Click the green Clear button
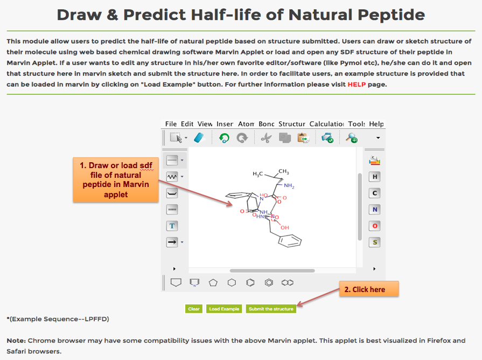click(194, 309)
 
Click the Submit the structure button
click(271, 309)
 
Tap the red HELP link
click(357, 84)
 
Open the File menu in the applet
click(171, 124)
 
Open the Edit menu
click(187, 124)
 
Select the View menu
click(205, 124)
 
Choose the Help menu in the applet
click(376, 124)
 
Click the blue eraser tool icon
click(199, 137)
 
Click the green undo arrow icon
click(224, 137)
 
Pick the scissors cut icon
click(266, 138)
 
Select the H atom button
click(375, 177)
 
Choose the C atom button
click(375, 193)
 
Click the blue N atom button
click(375, 210)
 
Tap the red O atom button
click(375, 226)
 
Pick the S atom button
click(375, 242)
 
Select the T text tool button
click(172, 226)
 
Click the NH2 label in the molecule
click(289, 185)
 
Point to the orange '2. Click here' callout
click(369, 289)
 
